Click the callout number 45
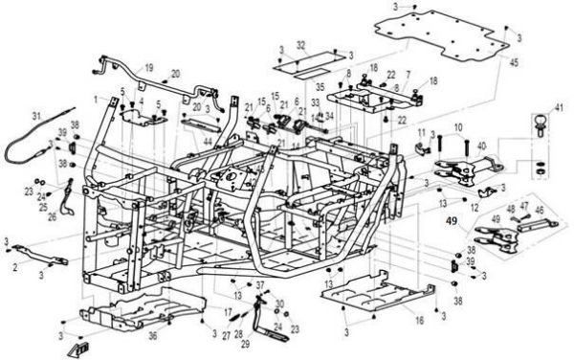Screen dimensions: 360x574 (514, 62)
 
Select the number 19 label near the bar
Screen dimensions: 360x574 (148, 67)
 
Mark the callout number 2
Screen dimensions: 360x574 (16, 269)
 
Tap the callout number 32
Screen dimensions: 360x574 (300, 45)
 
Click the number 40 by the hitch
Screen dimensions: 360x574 (481, 146)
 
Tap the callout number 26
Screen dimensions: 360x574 (53, 216)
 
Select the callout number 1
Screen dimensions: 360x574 (96, 98)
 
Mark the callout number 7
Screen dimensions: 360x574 (408, 74)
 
